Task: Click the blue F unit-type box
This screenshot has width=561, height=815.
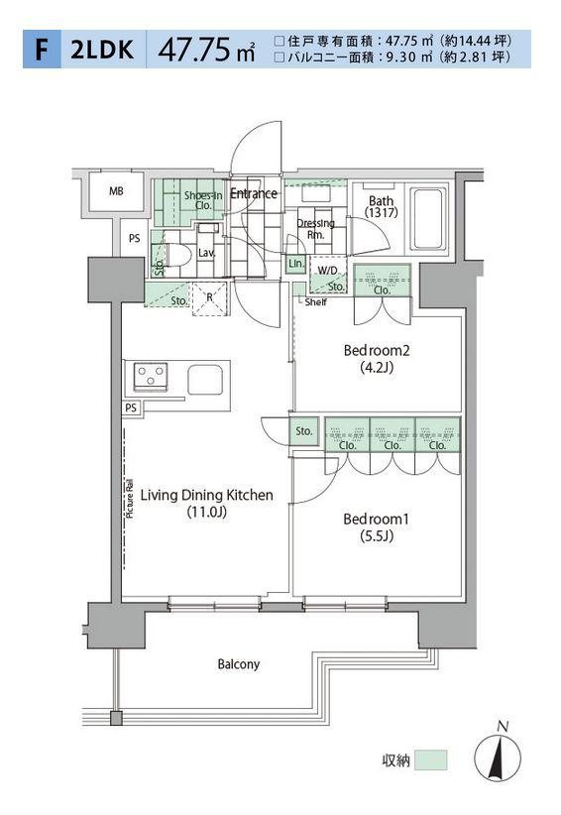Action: click(42, 50)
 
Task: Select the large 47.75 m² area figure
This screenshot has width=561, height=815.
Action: click(206, 50)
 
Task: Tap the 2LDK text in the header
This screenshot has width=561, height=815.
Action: click(102, 50)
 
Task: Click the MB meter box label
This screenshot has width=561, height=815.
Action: click(116, 191)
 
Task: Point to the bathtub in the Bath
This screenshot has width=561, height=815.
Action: click(428, 219)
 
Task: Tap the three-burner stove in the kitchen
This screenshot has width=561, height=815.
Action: click(151, 375)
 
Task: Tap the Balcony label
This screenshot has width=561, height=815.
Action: click(239, 664)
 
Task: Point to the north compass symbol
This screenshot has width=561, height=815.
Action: click(498, 755)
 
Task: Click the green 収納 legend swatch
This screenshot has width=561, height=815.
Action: click(430, 759)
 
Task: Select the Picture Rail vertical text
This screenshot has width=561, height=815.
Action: click(130, 498)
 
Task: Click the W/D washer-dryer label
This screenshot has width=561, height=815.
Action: click(327, 271)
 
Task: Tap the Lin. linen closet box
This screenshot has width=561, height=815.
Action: click(296, 264)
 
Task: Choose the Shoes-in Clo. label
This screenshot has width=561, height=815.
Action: click(203, 200)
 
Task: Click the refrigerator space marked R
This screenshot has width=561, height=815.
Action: click(209, 297)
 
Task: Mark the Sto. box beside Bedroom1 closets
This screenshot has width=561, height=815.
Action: click(304, 431)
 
